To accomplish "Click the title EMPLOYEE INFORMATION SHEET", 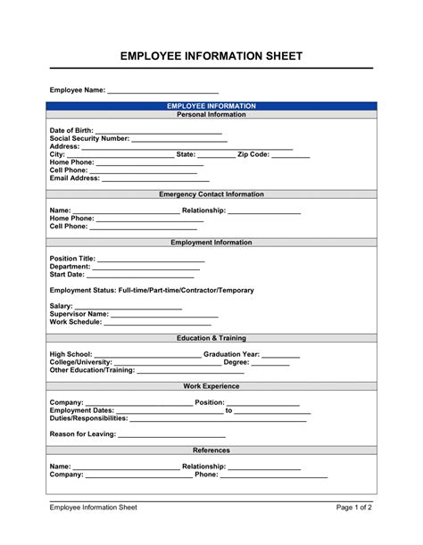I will click(211, 56).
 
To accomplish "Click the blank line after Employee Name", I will click(162, 92).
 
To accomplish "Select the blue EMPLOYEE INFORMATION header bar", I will click(211, 106).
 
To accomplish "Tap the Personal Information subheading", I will click(211, 114).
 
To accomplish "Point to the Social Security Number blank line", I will click(178, 140).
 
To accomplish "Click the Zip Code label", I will click(253, 154).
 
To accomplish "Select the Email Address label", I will click(75, 178).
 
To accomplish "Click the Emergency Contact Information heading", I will click(211, 194).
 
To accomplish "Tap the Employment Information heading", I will click(211, 242).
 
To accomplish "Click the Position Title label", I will click(72, 258).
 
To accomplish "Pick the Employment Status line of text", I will click(152, 290).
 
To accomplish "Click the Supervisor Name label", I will click(79, 314).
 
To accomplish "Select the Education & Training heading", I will click(211, 338).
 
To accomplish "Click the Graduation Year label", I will click(231, 354).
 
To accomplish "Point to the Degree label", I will click(236, 362).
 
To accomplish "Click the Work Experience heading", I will click(211, 386).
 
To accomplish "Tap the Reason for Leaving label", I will click(83, 434).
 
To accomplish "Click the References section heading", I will click(211, 450).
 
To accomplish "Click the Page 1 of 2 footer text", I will click(354, 508).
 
